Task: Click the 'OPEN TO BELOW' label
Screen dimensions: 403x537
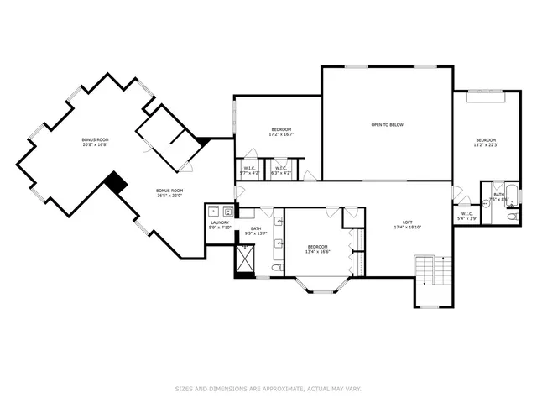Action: (x=388, y=125)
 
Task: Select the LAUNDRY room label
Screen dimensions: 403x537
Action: (x=220, y=222)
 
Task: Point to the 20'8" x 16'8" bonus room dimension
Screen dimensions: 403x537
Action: (x=95, y=144)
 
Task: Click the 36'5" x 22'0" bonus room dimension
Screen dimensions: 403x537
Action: (x=169, y=195)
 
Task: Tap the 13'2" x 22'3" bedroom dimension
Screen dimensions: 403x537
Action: (x=486, y=144)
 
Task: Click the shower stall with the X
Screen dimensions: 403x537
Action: (x=246, y=260)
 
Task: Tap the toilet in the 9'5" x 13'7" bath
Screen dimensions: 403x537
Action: (x=276, y=268)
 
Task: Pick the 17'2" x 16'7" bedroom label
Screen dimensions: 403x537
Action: (x=280, y=132)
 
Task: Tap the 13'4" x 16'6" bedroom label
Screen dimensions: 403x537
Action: (x=318, y=249)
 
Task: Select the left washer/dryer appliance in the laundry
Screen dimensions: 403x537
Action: (x=213, y=210)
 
